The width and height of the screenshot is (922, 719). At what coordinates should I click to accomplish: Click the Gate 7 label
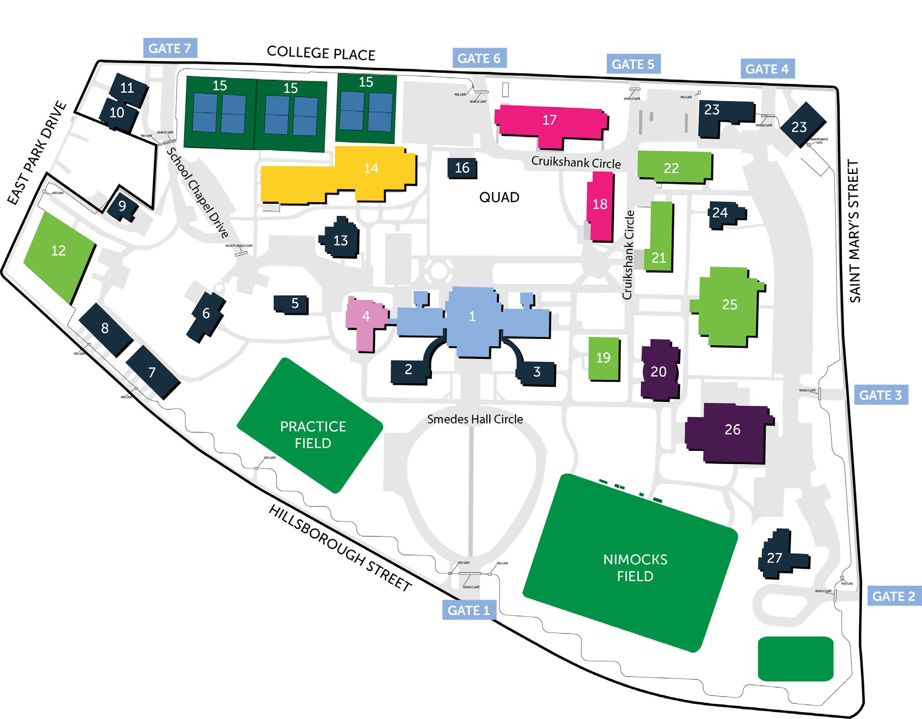click(170, 48)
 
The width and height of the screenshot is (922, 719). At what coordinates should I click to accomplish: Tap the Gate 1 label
click(469, 610)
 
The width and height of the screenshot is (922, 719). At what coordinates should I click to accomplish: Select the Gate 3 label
click(880, 395)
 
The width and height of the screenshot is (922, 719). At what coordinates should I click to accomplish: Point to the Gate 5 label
click(633, 64)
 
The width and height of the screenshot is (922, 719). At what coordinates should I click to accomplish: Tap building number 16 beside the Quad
click(462, 168)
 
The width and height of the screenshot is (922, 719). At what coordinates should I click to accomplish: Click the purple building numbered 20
click(659, 372)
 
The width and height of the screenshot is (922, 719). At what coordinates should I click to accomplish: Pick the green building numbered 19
click(603, 358)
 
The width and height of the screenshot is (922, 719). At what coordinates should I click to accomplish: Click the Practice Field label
click(313, 434)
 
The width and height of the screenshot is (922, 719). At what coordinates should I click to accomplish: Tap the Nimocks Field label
click(635, 568)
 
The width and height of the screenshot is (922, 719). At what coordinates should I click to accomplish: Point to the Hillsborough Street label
click(340, 548)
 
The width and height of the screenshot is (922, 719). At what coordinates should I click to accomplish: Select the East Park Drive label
click(37, 152)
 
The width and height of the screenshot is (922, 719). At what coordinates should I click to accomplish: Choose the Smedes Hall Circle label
click(475, 419)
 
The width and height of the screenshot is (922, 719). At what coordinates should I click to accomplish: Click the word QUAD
click(499, 197)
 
